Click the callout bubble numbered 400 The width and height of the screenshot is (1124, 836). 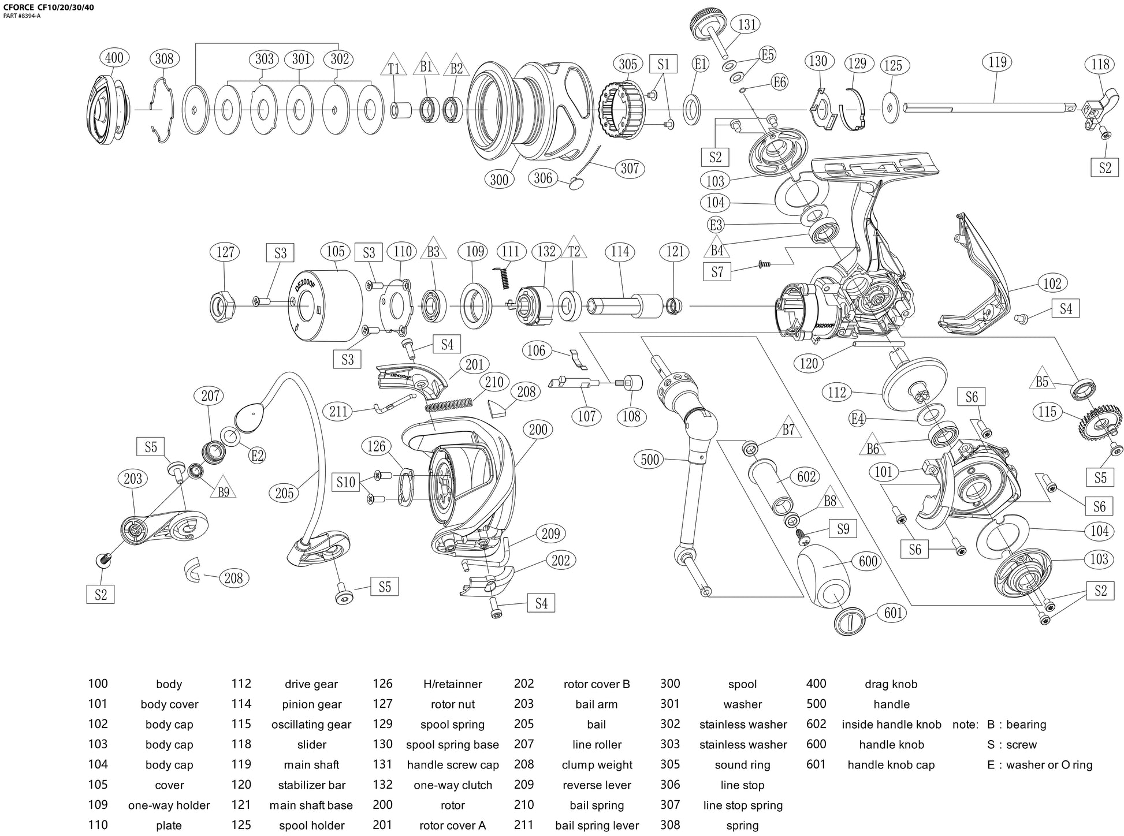pos(114,58)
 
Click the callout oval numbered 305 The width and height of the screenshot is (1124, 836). pos(628,64)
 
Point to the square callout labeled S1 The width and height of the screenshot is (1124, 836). pos(663,64)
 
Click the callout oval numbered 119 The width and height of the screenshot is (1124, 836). pos(998,62)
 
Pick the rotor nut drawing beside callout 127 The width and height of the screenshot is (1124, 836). pos(222,303)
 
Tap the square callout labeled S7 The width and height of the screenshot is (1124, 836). pos(717,271)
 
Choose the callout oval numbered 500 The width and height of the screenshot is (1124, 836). pos(650,460)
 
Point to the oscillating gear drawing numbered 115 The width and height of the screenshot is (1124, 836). pos(1099,423)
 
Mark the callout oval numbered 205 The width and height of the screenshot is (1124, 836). pos(284,492)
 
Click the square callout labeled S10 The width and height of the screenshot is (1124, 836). pos(346,482)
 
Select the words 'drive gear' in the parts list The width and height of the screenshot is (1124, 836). pos(311,684)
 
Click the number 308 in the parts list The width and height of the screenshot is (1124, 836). pos(670,825)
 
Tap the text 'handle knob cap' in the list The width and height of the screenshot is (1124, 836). pos(891,765)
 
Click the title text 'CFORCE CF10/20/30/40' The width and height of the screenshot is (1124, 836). pos(50,8)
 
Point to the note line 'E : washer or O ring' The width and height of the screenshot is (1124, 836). pos(1040,765)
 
